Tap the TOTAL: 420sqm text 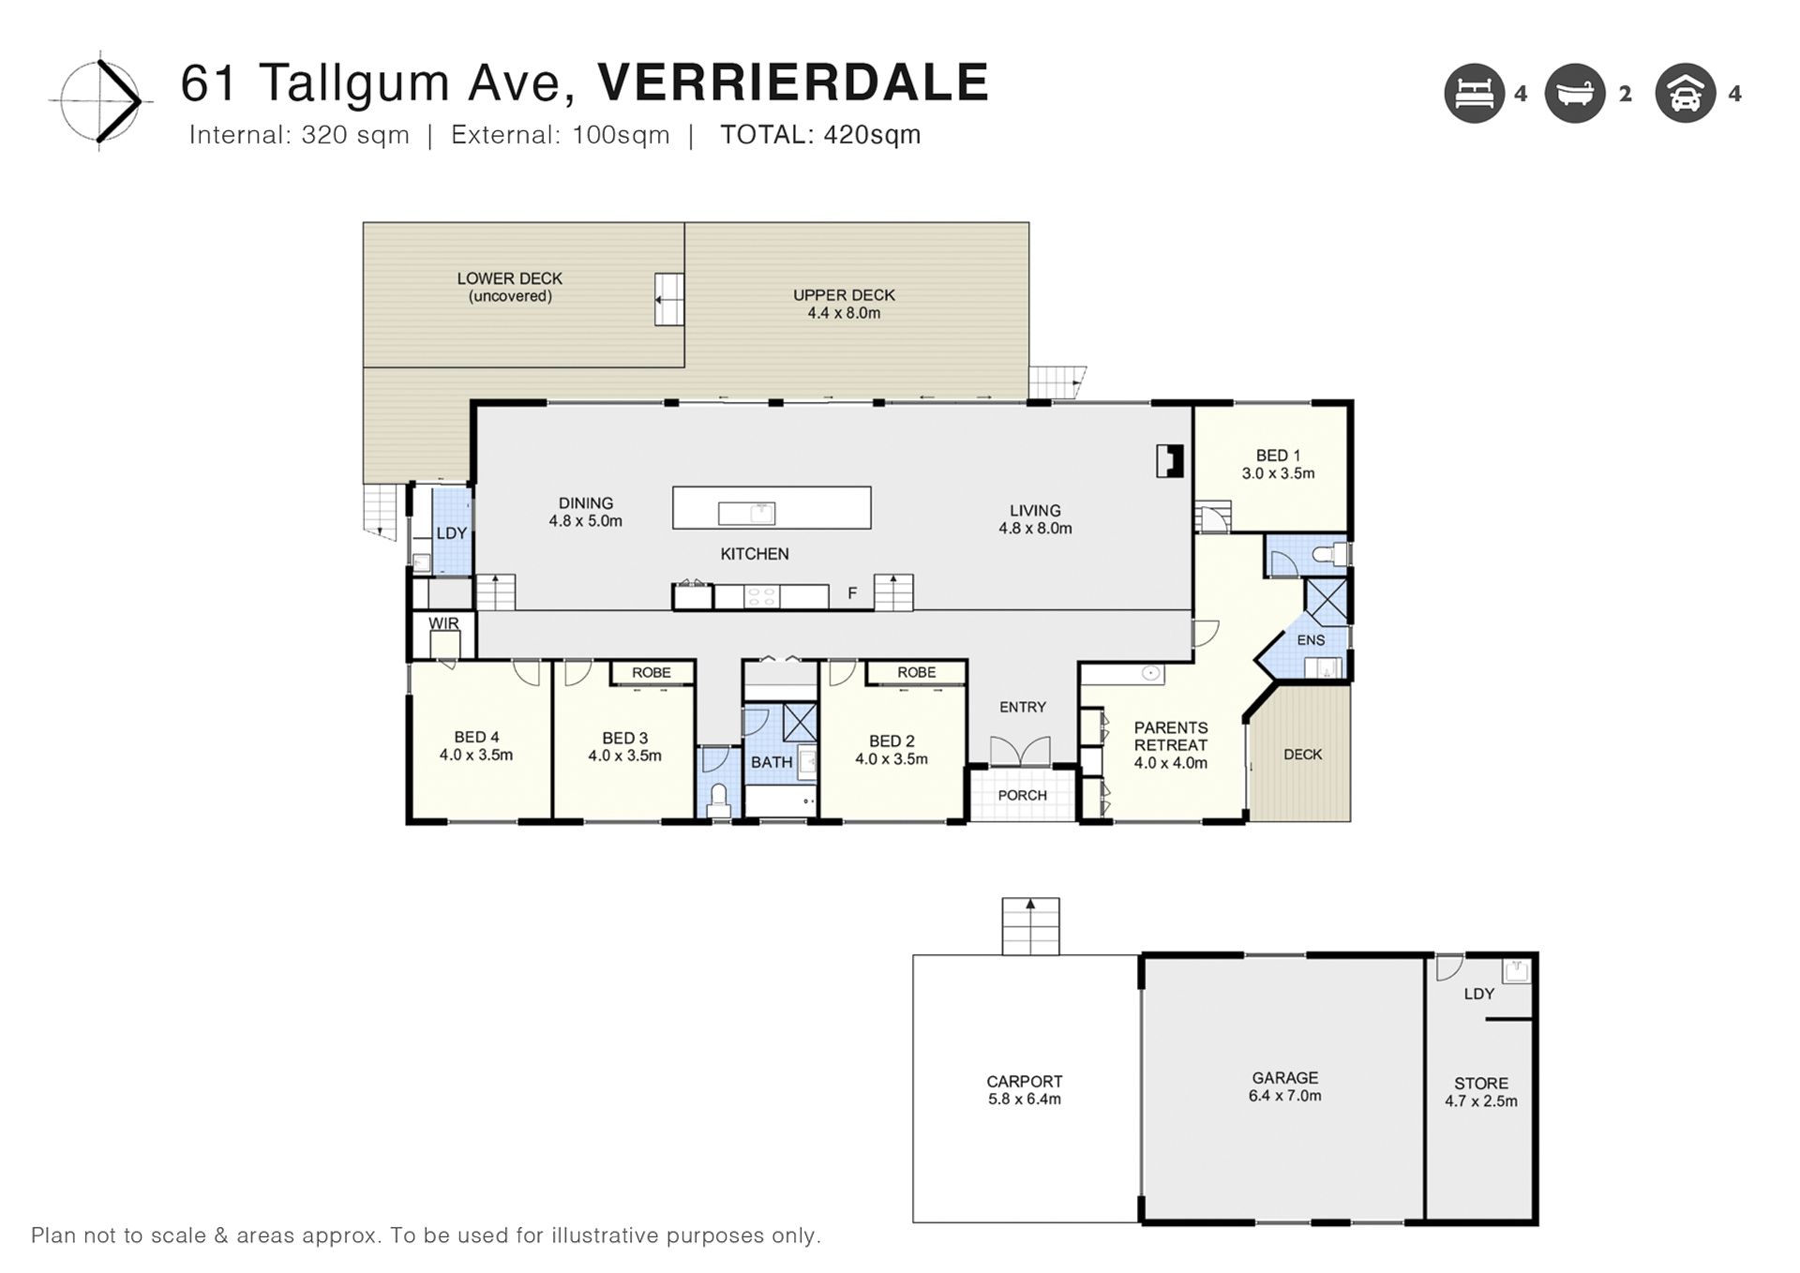(820, 135)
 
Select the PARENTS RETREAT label (1170, 736)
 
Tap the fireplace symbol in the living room (1169, 461)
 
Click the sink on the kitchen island (746, 514)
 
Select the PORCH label (1022, 795)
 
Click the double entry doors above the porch (1021, 751)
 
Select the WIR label (443, 623)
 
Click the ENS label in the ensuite (1311, 640)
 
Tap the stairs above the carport (1030, 926)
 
